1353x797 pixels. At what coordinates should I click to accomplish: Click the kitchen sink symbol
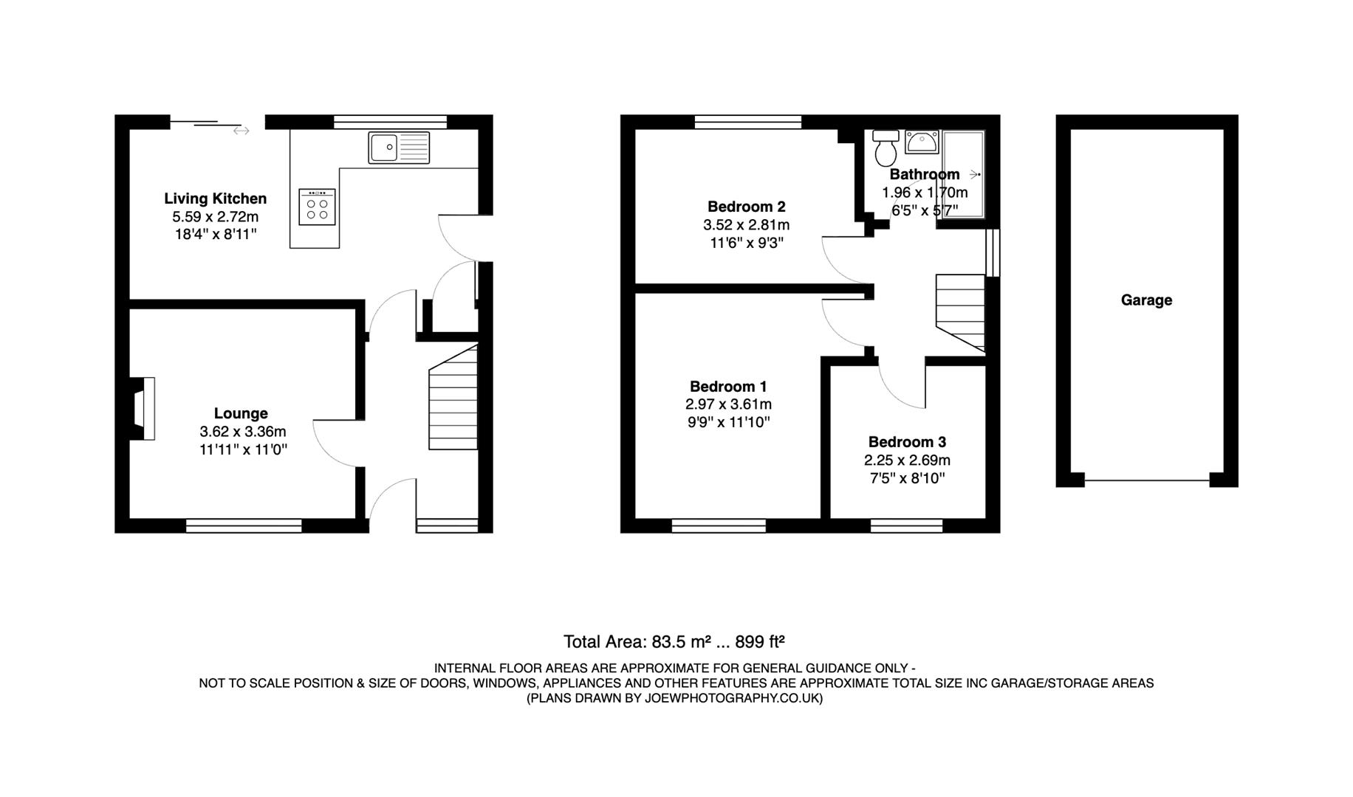(399, 148)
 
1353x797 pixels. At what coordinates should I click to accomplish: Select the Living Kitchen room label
(215, 199)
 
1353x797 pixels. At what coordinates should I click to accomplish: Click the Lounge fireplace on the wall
(143, 409)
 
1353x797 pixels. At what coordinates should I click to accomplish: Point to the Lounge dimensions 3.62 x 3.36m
(242, 432)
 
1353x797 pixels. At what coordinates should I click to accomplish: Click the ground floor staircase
(453, 398)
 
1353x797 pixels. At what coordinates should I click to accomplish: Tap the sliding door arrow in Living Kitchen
(241, 131)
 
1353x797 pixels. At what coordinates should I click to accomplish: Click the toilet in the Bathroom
(886, 148)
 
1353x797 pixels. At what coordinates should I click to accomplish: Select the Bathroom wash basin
(921, 142)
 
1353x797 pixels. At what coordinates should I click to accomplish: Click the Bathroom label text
(924, 175)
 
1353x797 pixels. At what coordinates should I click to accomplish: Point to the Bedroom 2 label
(746, 207)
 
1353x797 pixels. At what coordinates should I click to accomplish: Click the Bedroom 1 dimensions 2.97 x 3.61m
(728, 404)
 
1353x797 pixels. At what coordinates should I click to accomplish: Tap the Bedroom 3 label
(907, 442)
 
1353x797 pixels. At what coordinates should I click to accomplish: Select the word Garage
(1146, 300)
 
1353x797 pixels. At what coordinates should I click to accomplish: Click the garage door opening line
(1147, 481)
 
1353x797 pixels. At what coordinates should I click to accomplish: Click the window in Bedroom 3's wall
(906, 525)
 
